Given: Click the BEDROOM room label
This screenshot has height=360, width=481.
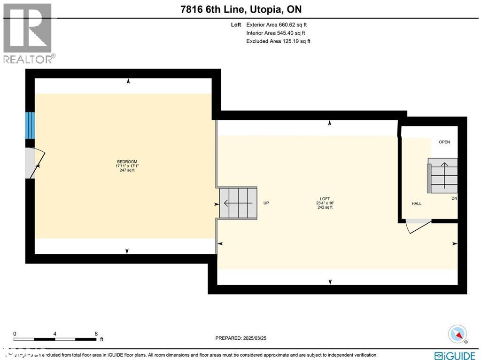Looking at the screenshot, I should pyautogui.click(x=127, y=162).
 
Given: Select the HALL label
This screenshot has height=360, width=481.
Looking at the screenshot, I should pyautogui.click(x=416, y=203).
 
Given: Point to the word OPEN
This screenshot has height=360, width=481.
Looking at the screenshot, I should pyautogui.click(x=444, y=142).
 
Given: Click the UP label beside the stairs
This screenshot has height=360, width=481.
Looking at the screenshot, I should pyautogui.click(x=266, y=203).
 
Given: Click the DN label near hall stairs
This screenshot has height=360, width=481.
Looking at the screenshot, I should pyautogui.click(x=454, y=198).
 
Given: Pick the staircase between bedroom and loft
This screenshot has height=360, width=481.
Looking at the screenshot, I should pyautogui.click(x=239, y=203).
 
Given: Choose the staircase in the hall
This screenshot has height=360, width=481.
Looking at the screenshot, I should pyautogui.click(x=442, y=175).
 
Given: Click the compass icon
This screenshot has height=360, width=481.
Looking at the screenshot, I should pyautogui.click(x=458, y=334).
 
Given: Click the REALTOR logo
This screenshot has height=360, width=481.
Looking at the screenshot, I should pyautogui.click(x=28, y=33).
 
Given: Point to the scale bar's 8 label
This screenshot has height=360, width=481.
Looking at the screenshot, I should pyautogui.click(x=96, y=334).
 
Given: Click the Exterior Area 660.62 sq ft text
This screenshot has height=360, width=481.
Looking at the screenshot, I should pyautogui.click(x=277, y=25).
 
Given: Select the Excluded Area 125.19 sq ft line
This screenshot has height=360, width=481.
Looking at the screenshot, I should pyautogui.click(x=278, y=41).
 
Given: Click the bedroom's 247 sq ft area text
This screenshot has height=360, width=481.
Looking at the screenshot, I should pyautogui.click(x=127, y=171).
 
